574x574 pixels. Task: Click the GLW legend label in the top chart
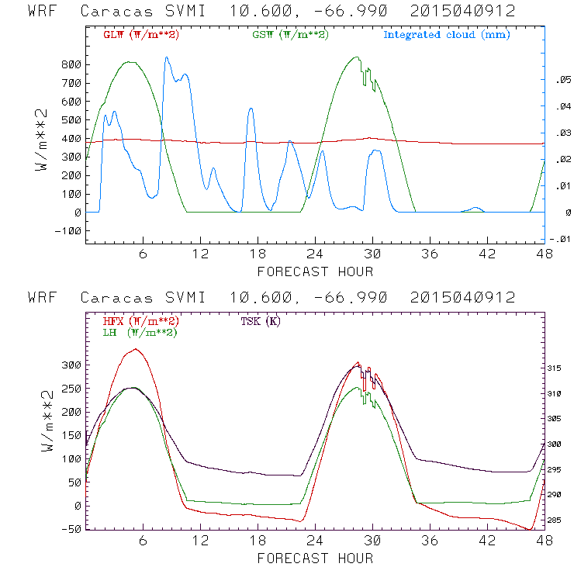[141, 35]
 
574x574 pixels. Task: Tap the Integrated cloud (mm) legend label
[447, 35]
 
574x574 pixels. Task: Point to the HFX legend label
[141, 321]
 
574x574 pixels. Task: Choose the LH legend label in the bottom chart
[140, 332]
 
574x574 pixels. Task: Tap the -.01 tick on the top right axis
[560, 239]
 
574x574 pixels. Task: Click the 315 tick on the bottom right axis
[560, 368]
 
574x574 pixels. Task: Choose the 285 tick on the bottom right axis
[560, 520]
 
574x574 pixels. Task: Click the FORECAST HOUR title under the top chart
[315, 271]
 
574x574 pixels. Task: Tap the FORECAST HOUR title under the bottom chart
[315, 558]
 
